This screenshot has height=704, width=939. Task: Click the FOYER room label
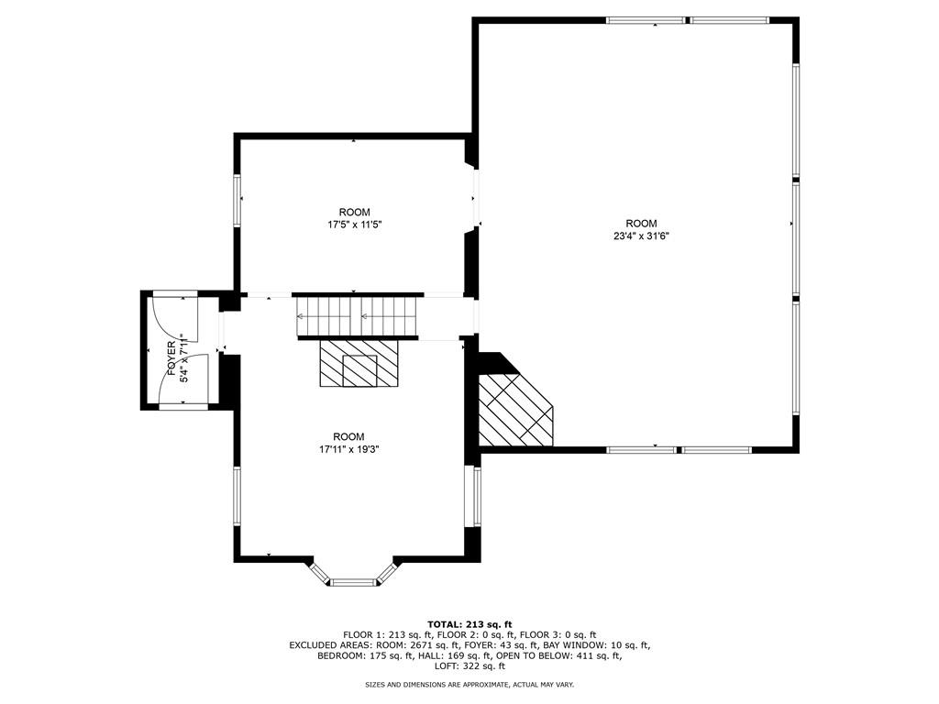tap(171, 357)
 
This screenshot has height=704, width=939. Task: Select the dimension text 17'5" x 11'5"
tap(354, 225)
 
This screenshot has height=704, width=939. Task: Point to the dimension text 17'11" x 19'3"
tap(348, 449)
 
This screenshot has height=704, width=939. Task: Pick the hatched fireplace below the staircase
tap(359, 365)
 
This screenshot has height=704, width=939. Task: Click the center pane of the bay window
tap(353, 581)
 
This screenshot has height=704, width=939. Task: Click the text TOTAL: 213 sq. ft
tap(469, 623)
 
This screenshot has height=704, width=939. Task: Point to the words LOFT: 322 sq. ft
tap(469, 666)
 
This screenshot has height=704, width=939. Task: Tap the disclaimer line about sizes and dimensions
tap(469, 685)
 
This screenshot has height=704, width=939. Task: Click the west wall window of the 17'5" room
tap(237, 200)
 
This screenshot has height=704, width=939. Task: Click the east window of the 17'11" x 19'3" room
tap(477, 496)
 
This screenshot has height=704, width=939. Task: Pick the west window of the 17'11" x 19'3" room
tap(237, 496)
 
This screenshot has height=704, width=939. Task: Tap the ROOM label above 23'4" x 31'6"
tap(641, 224)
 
